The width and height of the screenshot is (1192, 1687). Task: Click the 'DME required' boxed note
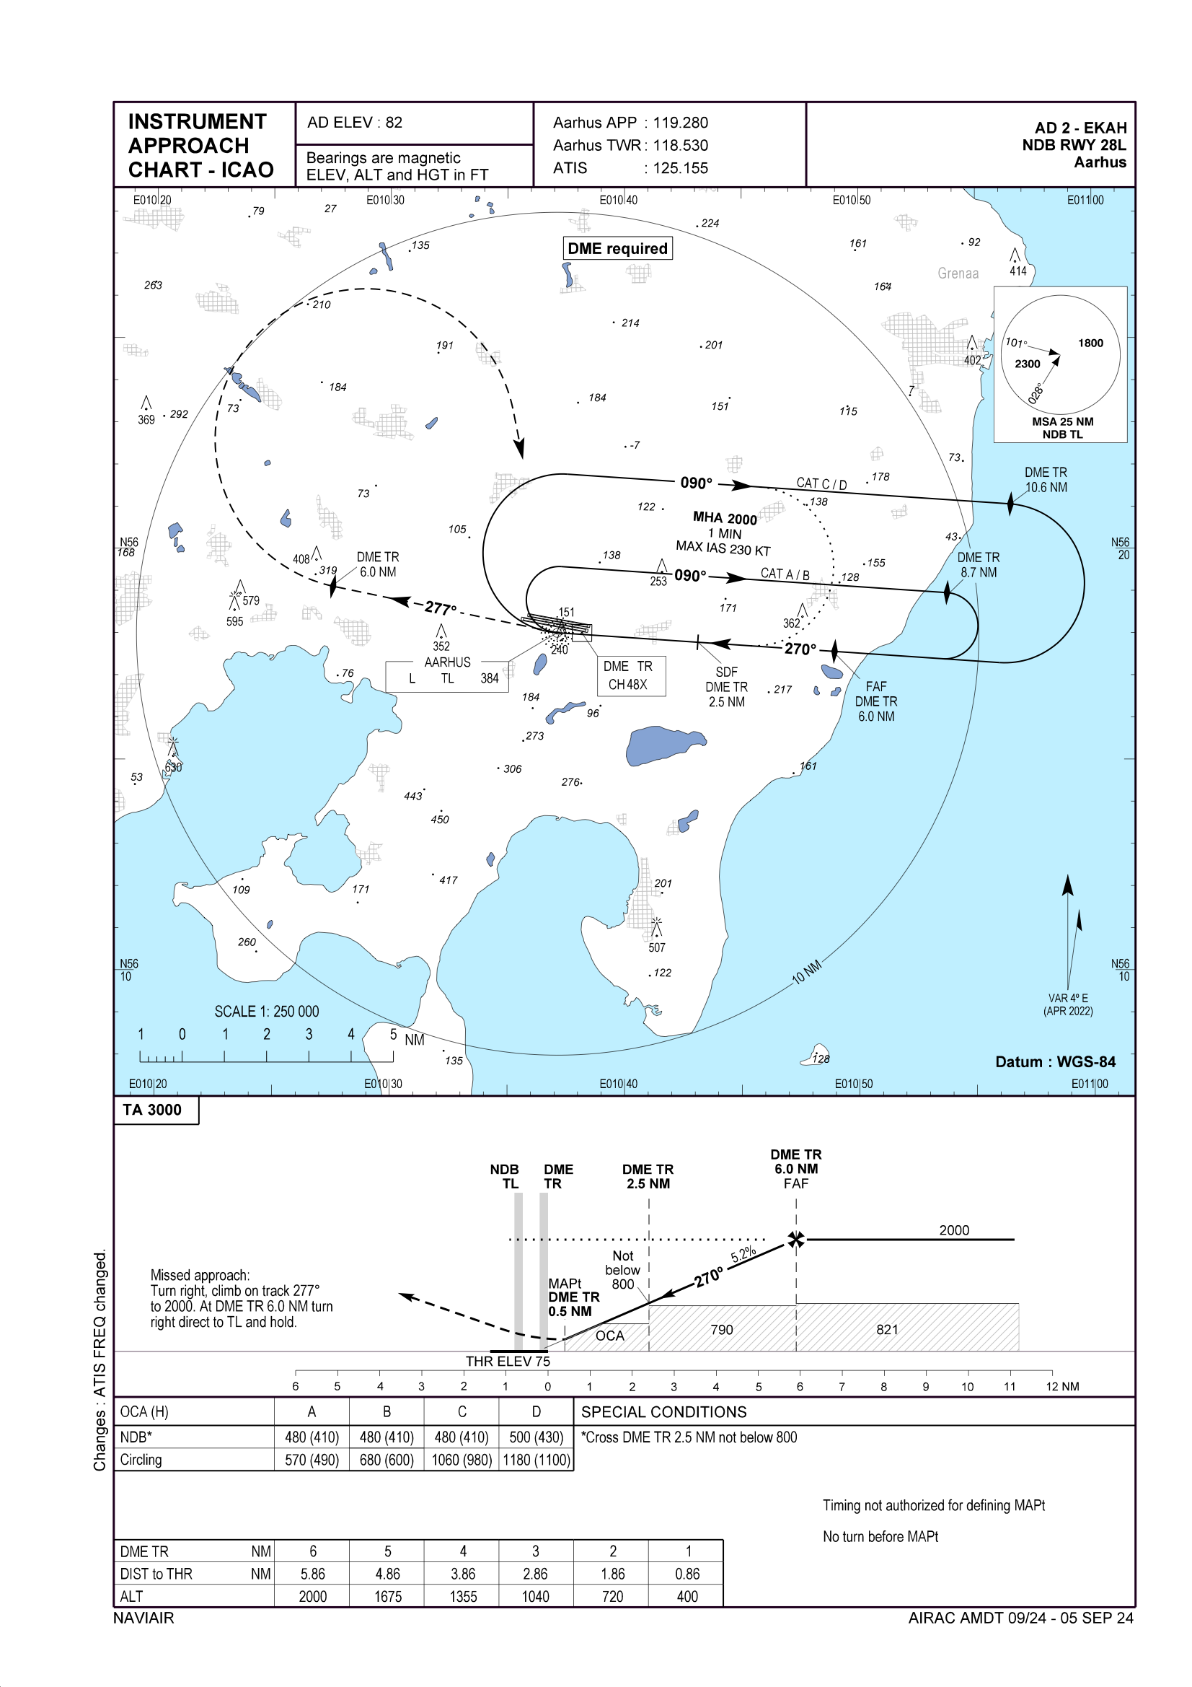[x=617, y=248]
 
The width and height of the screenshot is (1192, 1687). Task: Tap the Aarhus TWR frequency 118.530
[x=680, y=146]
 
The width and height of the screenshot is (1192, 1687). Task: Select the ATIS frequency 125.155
[x=680, y=168]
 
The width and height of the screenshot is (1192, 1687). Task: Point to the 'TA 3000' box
[x=153, y=1110]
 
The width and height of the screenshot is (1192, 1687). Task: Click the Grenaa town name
[x=958, y=273]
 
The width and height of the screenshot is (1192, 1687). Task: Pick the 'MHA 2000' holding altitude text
[x=724, y=518]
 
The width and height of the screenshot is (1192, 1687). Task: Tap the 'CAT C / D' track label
[x=821, y=483]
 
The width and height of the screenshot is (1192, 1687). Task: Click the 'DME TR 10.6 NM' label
[x=1046, y=480]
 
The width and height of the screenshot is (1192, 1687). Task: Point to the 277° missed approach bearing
[x=440, y=608]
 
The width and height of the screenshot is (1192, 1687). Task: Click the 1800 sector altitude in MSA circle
[x=1090, y=343]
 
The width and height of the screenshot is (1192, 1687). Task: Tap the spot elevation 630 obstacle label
[x=173, y=767]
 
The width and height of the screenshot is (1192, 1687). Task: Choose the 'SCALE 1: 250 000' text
[x=267, y=1011]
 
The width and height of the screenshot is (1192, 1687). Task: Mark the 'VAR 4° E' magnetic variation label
[x=1068, y=1004]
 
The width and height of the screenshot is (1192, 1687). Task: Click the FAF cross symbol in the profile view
[x=795, y=1240]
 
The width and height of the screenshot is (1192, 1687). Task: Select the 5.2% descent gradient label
[x=743, y=1254]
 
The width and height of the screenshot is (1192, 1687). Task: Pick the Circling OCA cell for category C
[x=462, y=1460]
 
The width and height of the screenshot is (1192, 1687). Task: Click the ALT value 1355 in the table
[x=463, y=1597]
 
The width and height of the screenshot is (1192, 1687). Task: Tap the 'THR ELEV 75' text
[x=508, y=1362]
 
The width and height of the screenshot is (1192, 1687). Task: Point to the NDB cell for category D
[x=536, y=1437]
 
